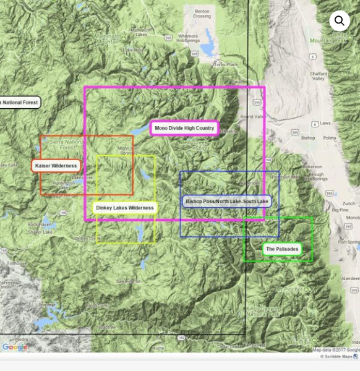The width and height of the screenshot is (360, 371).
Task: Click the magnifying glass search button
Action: (x=339, y=20)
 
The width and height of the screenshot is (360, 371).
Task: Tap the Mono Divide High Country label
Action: (x=184, y=128)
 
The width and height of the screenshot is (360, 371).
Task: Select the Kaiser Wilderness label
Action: (x=56, y=166)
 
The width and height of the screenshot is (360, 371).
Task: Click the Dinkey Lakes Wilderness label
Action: (x=125, y=208)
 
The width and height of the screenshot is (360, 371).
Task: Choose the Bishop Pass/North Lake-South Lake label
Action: (x=227, y=201)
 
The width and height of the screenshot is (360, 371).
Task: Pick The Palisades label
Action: (x=281, y=249)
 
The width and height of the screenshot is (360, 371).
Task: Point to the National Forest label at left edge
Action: (x=19, y=102)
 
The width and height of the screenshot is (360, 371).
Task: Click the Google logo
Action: (x=14, y=347)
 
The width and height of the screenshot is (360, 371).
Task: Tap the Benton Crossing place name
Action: (x=202, y=14)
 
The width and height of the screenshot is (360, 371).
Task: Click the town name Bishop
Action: (x=307, y=138)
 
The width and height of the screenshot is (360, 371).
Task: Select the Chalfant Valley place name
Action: (x=319, y=76)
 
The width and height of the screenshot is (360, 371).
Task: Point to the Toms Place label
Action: (x=225, y=64)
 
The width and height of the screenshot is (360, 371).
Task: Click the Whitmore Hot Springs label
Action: (x=187, y=39)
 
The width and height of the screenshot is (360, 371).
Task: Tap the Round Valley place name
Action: (x=252, y=116)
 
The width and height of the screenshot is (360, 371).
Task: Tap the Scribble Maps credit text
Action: (x=336, y=356)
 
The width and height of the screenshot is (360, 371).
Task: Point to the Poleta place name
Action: (x=330, y=138)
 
